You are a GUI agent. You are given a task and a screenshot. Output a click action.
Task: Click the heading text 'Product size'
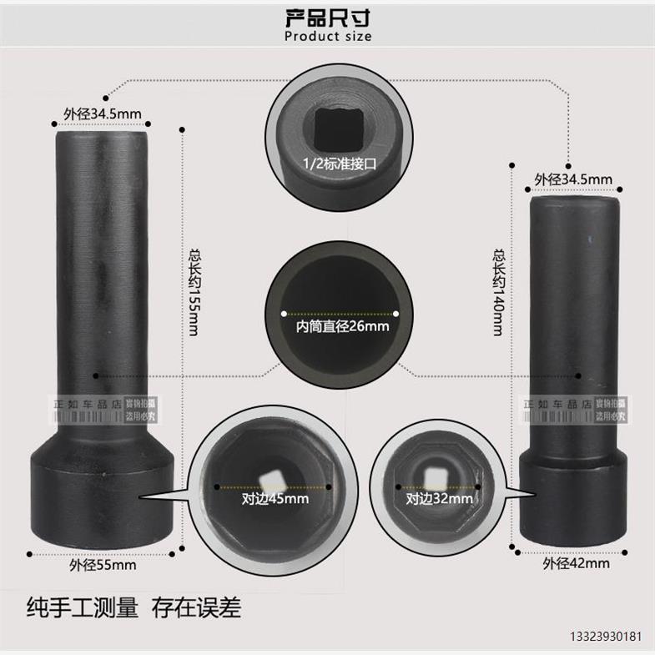[327, 36]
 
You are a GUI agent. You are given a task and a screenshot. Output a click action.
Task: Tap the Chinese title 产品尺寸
[327, 16]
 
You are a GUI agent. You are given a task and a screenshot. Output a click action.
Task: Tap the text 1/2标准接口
[340, 164]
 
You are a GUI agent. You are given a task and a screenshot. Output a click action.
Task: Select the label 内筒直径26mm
[342, 326]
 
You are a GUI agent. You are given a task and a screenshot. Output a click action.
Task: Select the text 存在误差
[195, 607]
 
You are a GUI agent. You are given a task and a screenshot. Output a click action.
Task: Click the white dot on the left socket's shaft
[98, 376]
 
